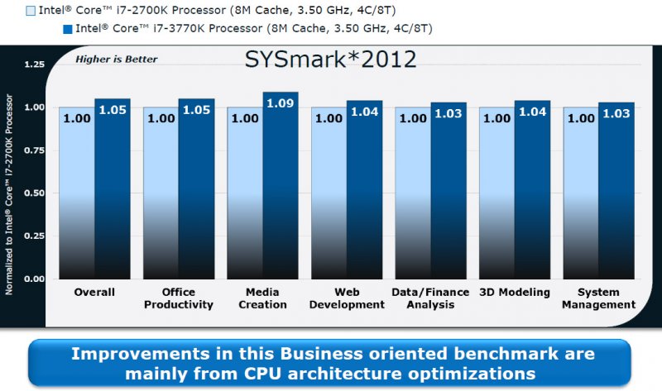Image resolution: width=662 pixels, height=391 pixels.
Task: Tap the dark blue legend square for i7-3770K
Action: click(68, 30)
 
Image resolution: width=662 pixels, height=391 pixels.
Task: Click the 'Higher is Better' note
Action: click(117, 60)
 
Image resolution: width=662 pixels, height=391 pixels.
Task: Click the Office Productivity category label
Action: click(179, 298)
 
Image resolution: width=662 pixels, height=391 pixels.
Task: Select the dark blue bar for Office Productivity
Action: click(196, 190)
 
